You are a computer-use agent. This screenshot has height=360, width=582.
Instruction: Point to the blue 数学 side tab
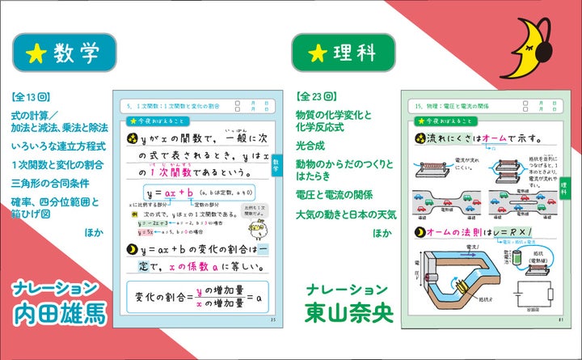point(277,165)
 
